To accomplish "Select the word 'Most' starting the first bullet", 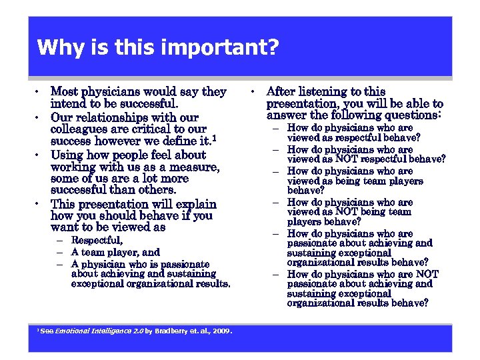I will [64, 91].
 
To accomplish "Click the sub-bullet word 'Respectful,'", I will [97, 240].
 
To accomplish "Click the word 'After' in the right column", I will [281, 91].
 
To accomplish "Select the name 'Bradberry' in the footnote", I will [173, 331].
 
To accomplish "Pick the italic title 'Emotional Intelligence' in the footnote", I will [93, 331].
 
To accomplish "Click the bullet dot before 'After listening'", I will [255, 92].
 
